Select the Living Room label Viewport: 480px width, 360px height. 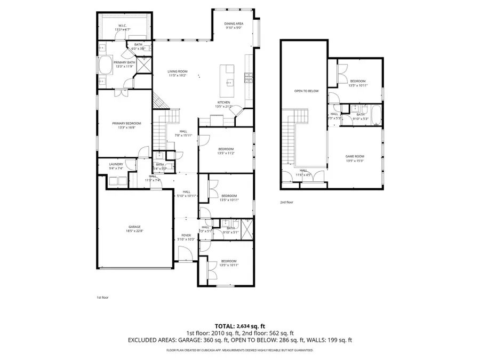pos(178,71)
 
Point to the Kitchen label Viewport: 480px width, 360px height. pos(223,102)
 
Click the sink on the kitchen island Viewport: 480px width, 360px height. pos(229,82)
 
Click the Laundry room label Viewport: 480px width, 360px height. pos(116,164)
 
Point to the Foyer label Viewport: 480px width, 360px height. pos(186,235)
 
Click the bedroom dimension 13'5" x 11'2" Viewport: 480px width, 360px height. pos(226,153)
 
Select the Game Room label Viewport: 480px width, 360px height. pos(354,156)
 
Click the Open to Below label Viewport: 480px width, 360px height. pos(306,91)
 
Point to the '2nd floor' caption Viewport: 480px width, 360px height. pos(286,202)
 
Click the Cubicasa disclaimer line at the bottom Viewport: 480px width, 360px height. pos(239,350)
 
